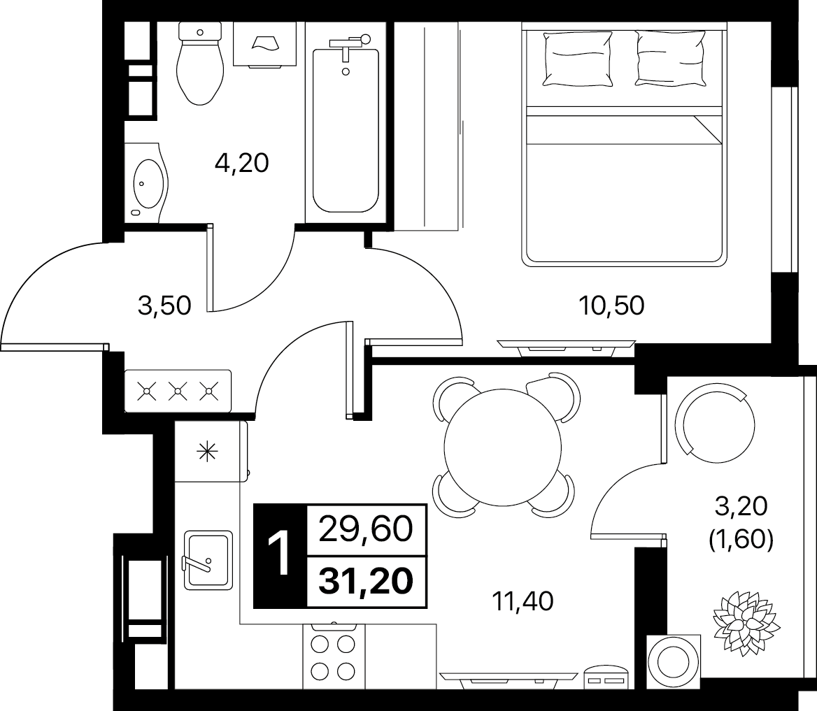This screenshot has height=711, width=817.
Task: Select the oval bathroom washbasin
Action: (148, 183)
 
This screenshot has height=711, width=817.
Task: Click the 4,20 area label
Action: (242, 163)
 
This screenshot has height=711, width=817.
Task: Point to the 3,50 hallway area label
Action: (164, 306)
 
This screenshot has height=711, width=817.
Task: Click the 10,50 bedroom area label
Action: (612, 306)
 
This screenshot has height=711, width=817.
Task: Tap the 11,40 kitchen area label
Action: (523, 601)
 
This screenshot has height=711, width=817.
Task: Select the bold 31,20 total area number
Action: (367, 581)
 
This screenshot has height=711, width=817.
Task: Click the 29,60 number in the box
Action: (366, 530)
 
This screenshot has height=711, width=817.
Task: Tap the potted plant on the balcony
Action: (746, 622)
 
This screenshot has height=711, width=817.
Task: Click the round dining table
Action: (504, 447)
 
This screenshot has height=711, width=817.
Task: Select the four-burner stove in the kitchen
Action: (334, 655)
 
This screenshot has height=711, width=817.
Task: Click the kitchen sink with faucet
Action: (208, 561)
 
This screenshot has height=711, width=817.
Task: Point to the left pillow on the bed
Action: (577, 58)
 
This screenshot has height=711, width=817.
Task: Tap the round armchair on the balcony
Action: (715, 424)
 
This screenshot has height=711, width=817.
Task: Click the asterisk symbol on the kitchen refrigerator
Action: (207, 451)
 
